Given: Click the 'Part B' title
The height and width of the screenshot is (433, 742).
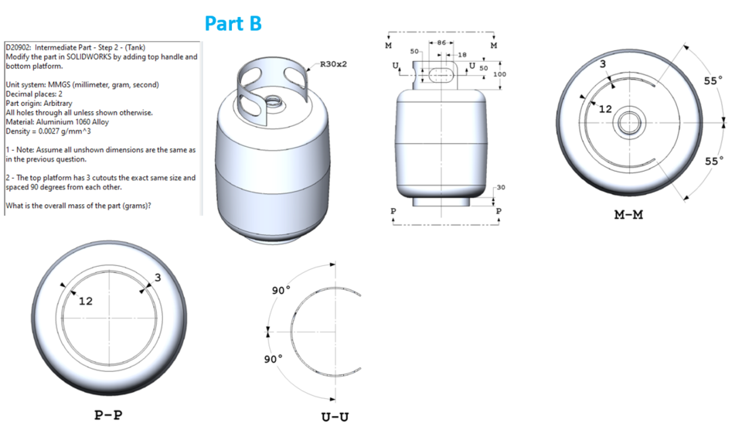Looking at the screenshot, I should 233,24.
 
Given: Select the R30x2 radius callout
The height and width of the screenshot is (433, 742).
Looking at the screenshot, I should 333,64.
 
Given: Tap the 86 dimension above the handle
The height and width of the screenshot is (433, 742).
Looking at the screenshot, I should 441,42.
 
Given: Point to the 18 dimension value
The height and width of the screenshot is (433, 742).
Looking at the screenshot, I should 461,55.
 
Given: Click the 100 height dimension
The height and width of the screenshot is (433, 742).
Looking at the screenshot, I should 499,74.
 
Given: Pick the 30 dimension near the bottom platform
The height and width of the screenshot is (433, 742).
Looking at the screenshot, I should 500,187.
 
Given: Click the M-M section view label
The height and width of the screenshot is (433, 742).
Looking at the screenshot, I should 628,215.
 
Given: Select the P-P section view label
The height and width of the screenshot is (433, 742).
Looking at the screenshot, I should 108,415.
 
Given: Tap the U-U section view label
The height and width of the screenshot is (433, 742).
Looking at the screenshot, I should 335,417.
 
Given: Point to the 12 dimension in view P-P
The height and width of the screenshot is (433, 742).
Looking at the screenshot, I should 85,301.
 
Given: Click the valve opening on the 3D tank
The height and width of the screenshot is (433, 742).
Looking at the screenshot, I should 272,101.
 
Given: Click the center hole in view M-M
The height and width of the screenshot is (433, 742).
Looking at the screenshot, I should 627,122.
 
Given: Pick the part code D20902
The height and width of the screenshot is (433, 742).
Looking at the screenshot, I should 19,47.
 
